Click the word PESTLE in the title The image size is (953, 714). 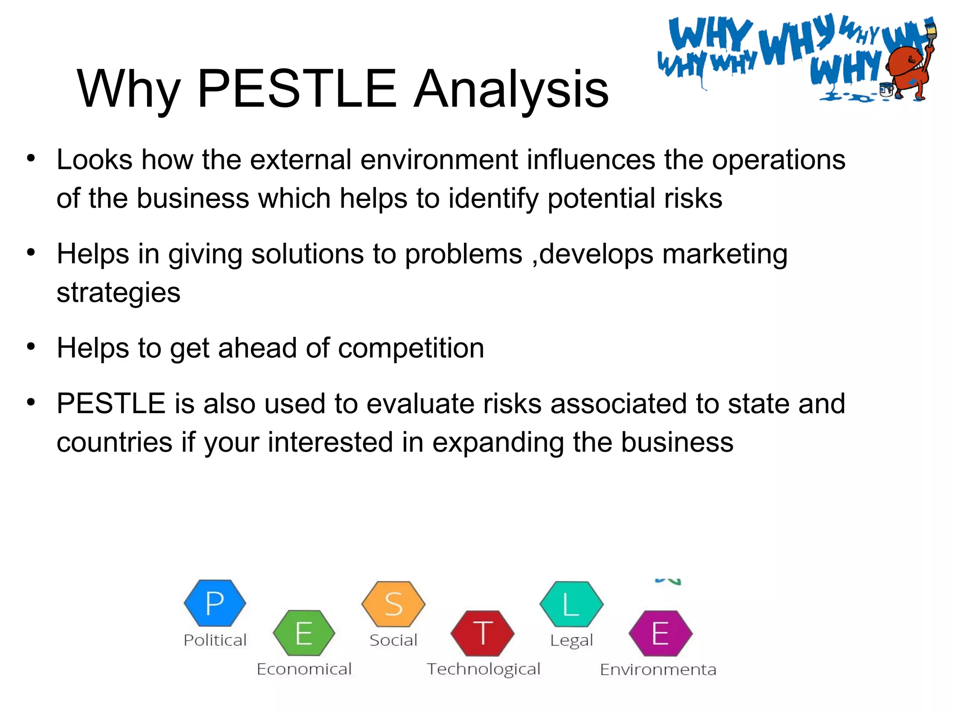click(x=297, y=88)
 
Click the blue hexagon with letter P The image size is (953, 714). click(x=215, y=603)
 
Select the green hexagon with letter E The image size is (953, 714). click(x=304, y=633)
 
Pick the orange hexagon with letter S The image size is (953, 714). click(x=393, y=604)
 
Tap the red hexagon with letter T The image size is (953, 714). click(x=483, y=633)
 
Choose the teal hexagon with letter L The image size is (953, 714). click(x=571, y=604)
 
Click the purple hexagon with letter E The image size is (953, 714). click(x=660, y=633)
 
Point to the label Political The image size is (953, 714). click(x=215, y=641)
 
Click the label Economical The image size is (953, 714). click(x=304, y=669)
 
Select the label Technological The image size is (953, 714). click(x=483, y=669)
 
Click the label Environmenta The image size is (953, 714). click(x=658, y=670)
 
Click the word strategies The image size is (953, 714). click(x=118, y=293)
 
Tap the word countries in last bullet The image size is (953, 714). click(x=114, y=442)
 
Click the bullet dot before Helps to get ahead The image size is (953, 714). click(x=31, y=347)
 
